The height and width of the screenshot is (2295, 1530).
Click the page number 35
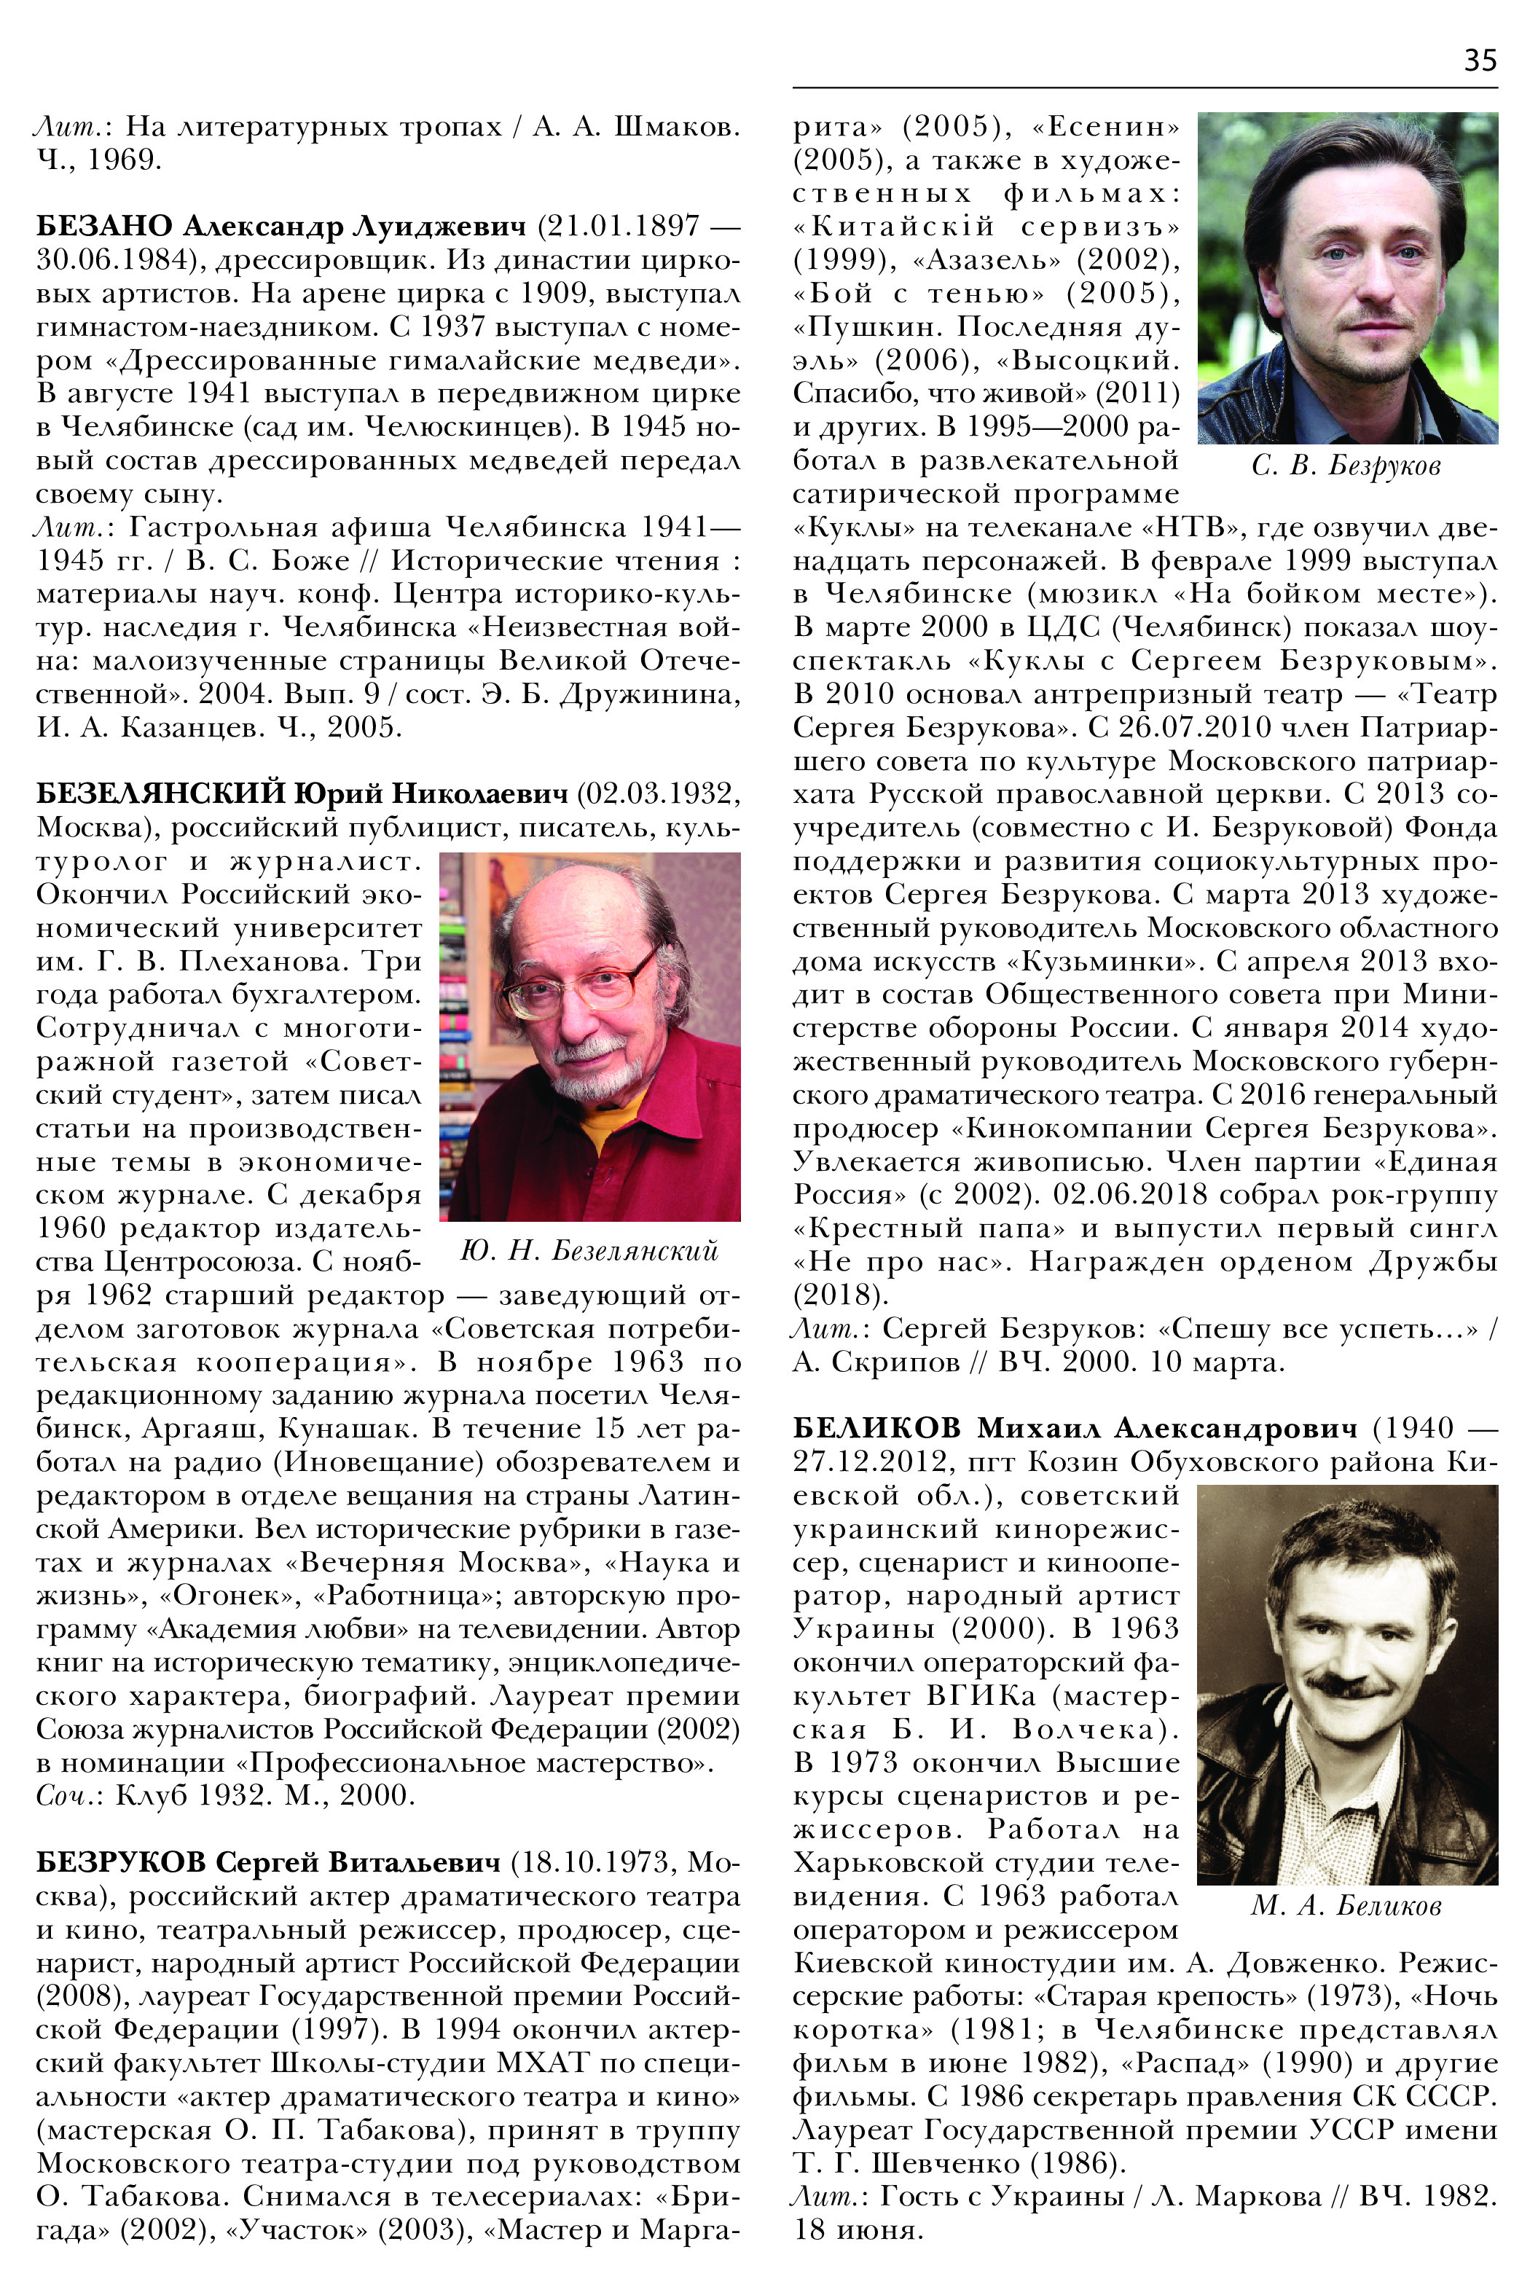click(1479, 61)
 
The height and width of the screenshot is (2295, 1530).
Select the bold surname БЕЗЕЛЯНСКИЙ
click(161, 793)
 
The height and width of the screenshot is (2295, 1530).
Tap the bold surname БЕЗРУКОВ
click(121, 1863)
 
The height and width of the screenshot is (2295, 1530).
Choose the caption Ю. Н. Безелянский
click(589, 1251)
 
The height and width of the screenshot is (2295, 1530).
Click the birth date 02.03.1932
click(659, 793)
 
